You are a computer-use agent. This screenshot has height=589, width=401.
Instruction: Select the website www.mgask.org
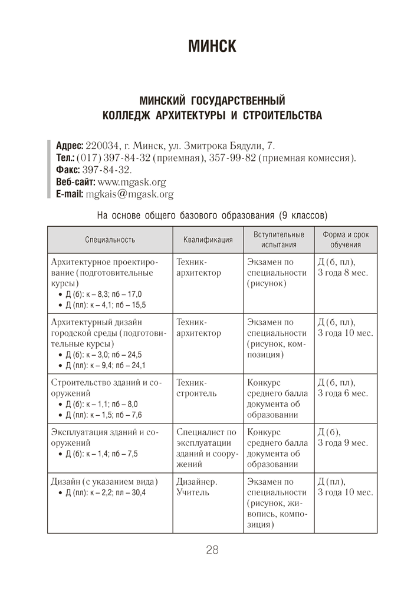click(x=132, y=182)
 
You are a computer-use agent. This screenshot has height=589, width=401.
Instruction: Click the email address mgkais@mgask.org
click(x=130, y=194)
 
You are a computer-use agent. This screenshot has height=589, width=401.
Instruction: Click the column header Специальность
click(x=110, y=240)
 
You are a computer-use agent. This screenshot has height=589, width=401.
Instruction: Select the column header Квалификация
click(x=208, y=240)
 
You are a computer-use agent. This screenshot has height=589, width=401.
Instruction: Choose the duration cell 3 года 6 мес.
click(x=342, y=393)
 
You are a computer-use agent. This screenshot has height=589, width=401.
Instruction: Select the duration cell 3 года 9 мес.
click(x=342, y=442)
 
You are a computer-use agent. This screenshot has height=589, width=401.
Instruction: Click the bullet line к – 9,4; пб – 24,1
click(x=106, y=365)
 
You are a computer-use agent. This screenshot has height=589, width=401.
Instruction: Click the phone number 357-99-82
click(x=235, y=158)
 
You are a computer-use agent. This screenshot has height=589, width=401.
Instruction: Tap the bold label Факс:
click(x=68, y=170)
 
